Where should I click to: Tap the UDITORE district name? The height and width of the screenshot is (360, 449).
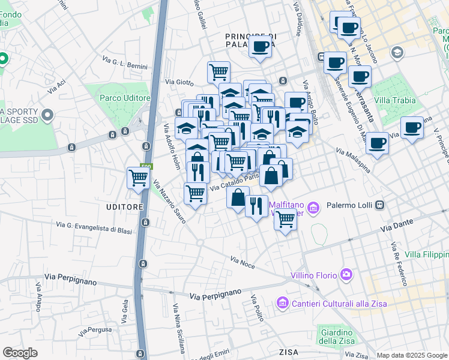125,207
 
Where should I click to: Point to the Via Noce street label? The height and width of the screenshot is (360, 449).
243,261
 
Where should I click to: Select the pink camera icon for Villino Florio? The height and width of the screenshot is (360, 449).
346,275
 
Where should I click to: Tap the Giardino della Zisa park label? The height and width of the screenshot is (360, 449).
336,338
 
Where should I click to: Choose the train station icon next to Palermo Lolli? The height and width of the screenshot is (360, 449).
379,205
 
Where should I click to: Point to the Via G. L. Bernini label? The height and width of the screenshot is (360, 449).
126,62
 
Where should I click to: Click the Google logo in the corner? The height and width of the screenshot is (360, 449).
20,352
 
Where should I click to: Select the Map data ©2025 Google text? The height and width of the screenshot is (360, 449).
412,355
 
